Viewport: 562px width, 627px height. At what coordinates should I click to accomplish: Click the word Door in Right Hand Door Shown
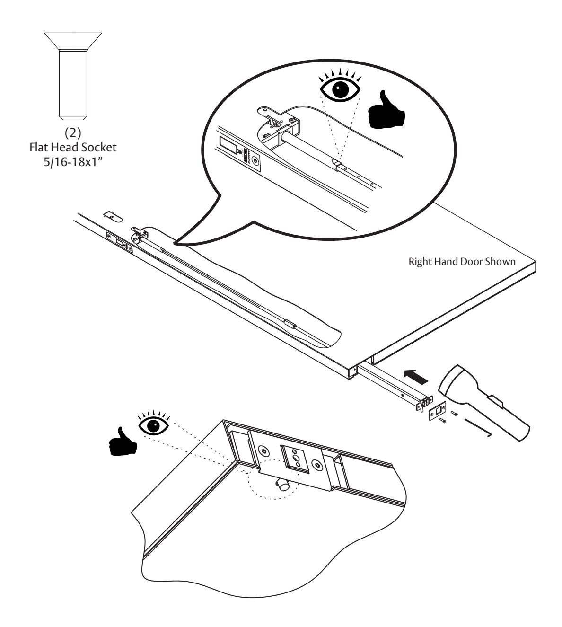pos(475,262)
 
